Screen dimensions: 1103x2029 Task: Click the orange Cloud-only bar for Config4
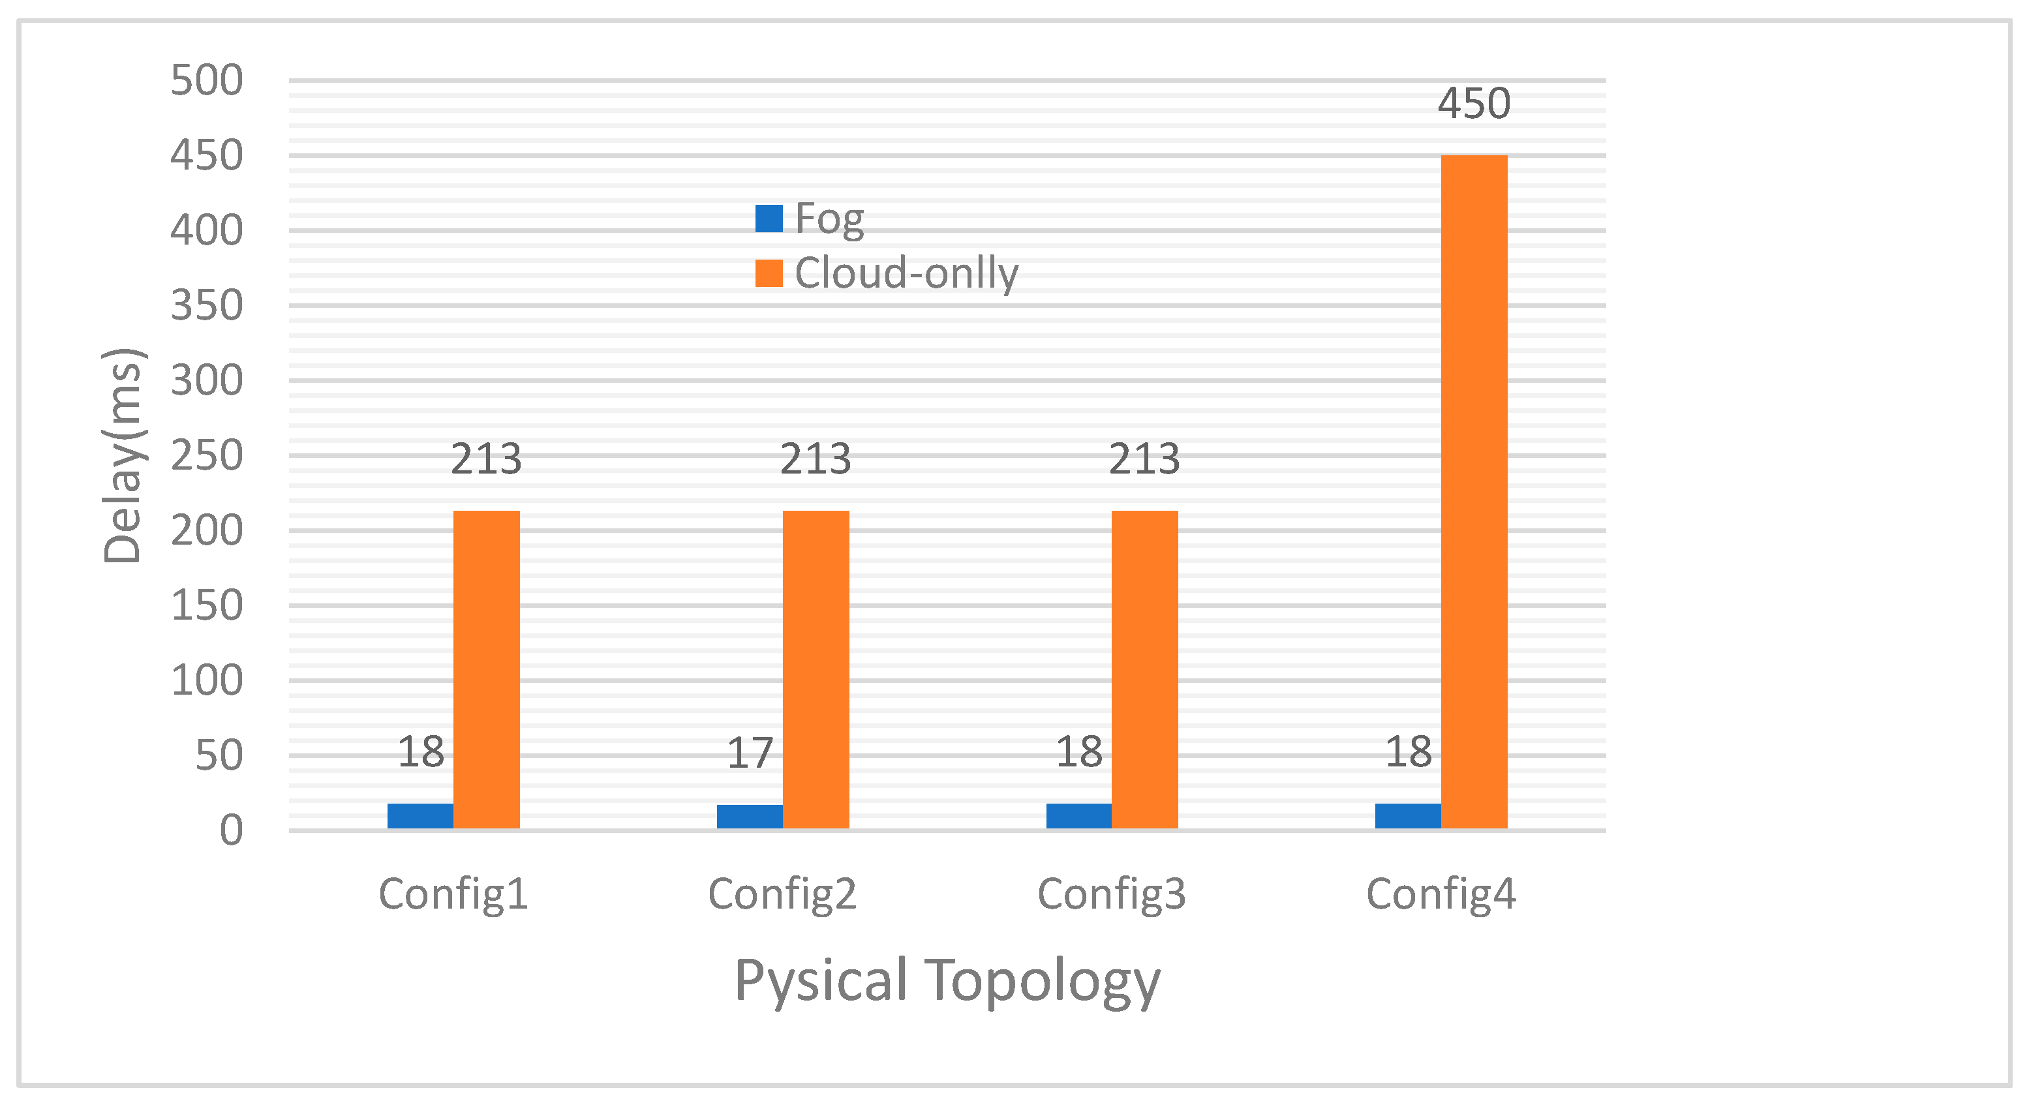1474,492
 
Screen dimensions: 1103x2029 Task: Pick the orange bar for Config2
816,669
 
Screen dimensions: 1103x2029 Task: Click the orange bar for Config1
486,669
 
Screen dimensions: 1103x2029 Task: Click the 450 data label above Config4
1474,104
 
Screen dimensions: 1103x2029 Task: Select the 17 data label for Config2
749,753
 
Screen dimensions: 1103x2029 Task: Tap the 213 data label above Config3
1144,459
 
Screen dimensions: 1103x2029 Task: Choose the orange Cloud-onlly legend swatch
769,273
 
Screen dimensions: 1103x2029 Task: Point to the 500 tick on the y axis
206,80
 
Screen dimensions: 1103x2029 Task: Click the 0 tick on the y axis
231,830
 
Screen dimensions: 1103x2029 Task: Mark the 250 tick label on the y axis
206,456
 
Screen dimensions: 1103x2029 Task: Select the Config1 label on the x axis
453,894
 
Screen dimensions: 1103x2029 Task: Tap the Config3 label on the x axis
1111,894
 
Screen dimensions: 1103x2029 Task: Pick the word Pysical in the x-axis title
821,981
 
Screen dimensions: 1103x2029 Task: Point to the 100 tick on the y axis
206,680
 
